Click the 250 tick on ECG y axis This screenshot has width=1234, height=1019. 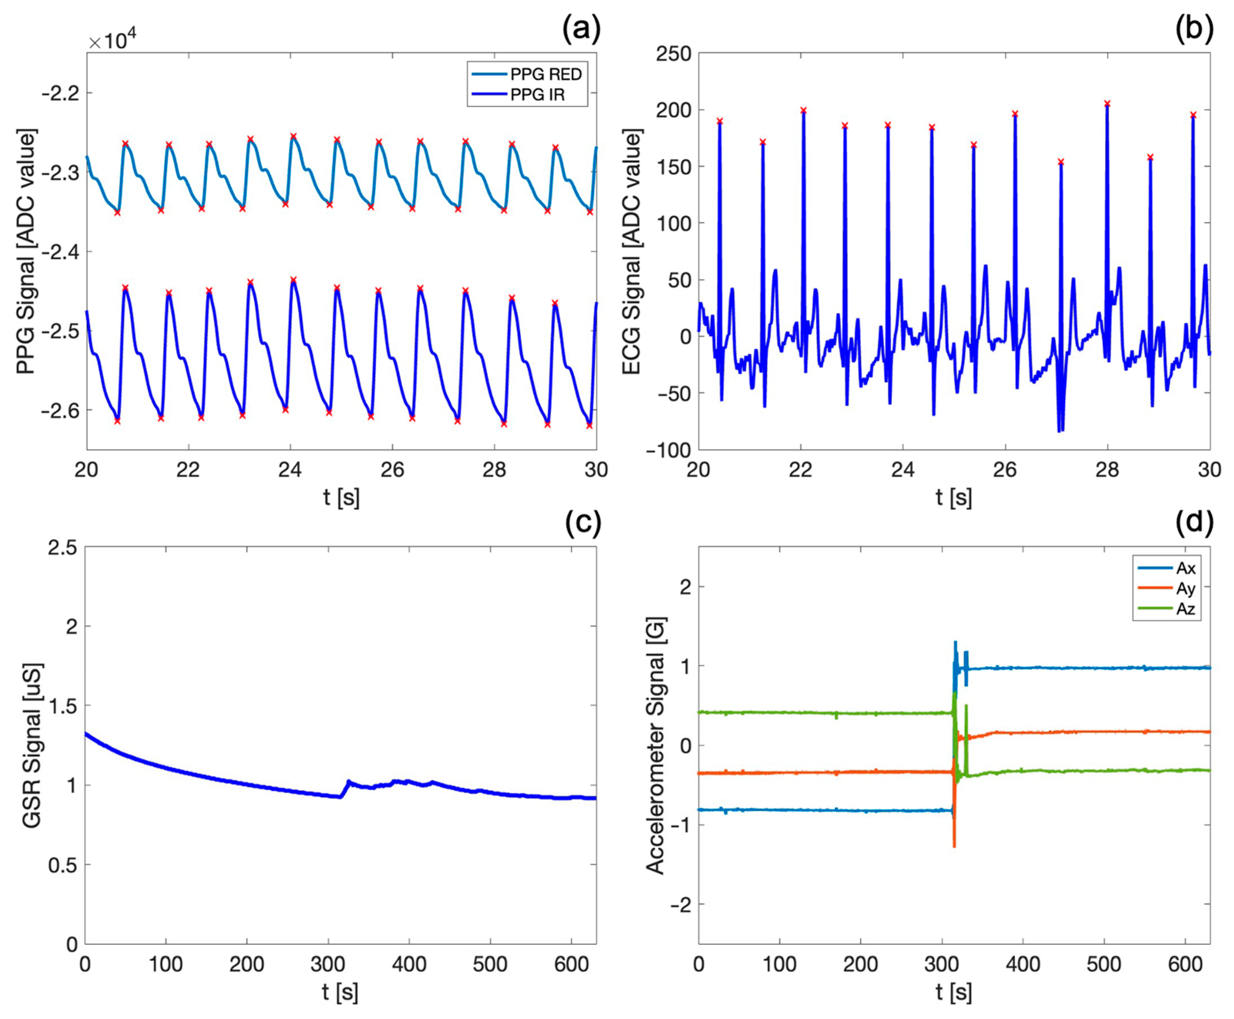[674, 54]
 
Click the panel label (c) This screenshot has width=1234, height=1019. [583, 522]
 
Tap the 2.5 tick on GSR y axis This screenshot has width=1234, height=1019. [63, 548]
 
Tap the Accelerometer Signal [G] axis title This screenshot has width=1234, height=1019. [655, 745]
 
